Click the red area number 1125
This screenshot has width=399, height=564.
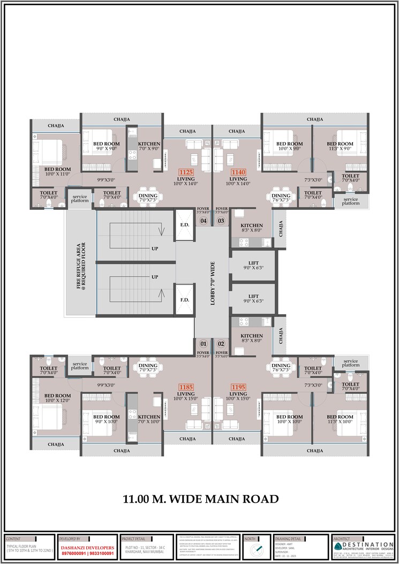tap(186, 172)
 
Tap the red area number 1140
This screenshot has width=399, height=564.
tap(238, 172)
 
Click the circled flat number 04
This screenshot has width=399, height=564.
tap(204, 220)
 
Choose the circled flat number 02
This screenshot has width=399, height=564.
tap(221, 343)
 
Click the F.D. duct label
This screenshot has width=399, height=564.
tap(184, 300)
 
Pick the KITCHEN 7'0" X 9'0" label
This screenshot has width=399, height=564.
tap(149, 146)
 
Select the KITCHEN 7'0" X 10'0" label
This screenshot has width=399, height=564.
tap(149, 419)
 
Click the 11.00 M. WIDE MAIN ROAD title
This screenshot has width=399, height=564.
tap(201, 499)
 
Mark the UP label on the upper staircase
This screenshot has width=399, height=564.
tap(155, 249)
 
